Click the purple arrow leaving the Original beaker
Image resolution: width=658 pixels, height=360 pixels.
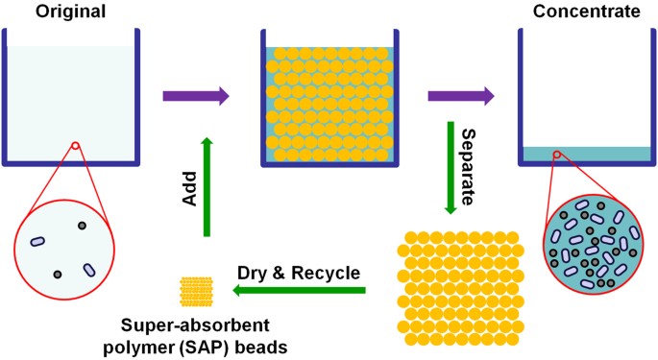click(x=196, y=95)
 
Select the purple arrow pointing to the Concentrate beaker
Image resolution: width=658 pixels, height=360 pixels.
click(x=461, y=95)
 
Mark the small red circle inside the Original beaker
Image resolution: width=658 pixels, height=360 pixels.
click(x=74, y=147)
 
